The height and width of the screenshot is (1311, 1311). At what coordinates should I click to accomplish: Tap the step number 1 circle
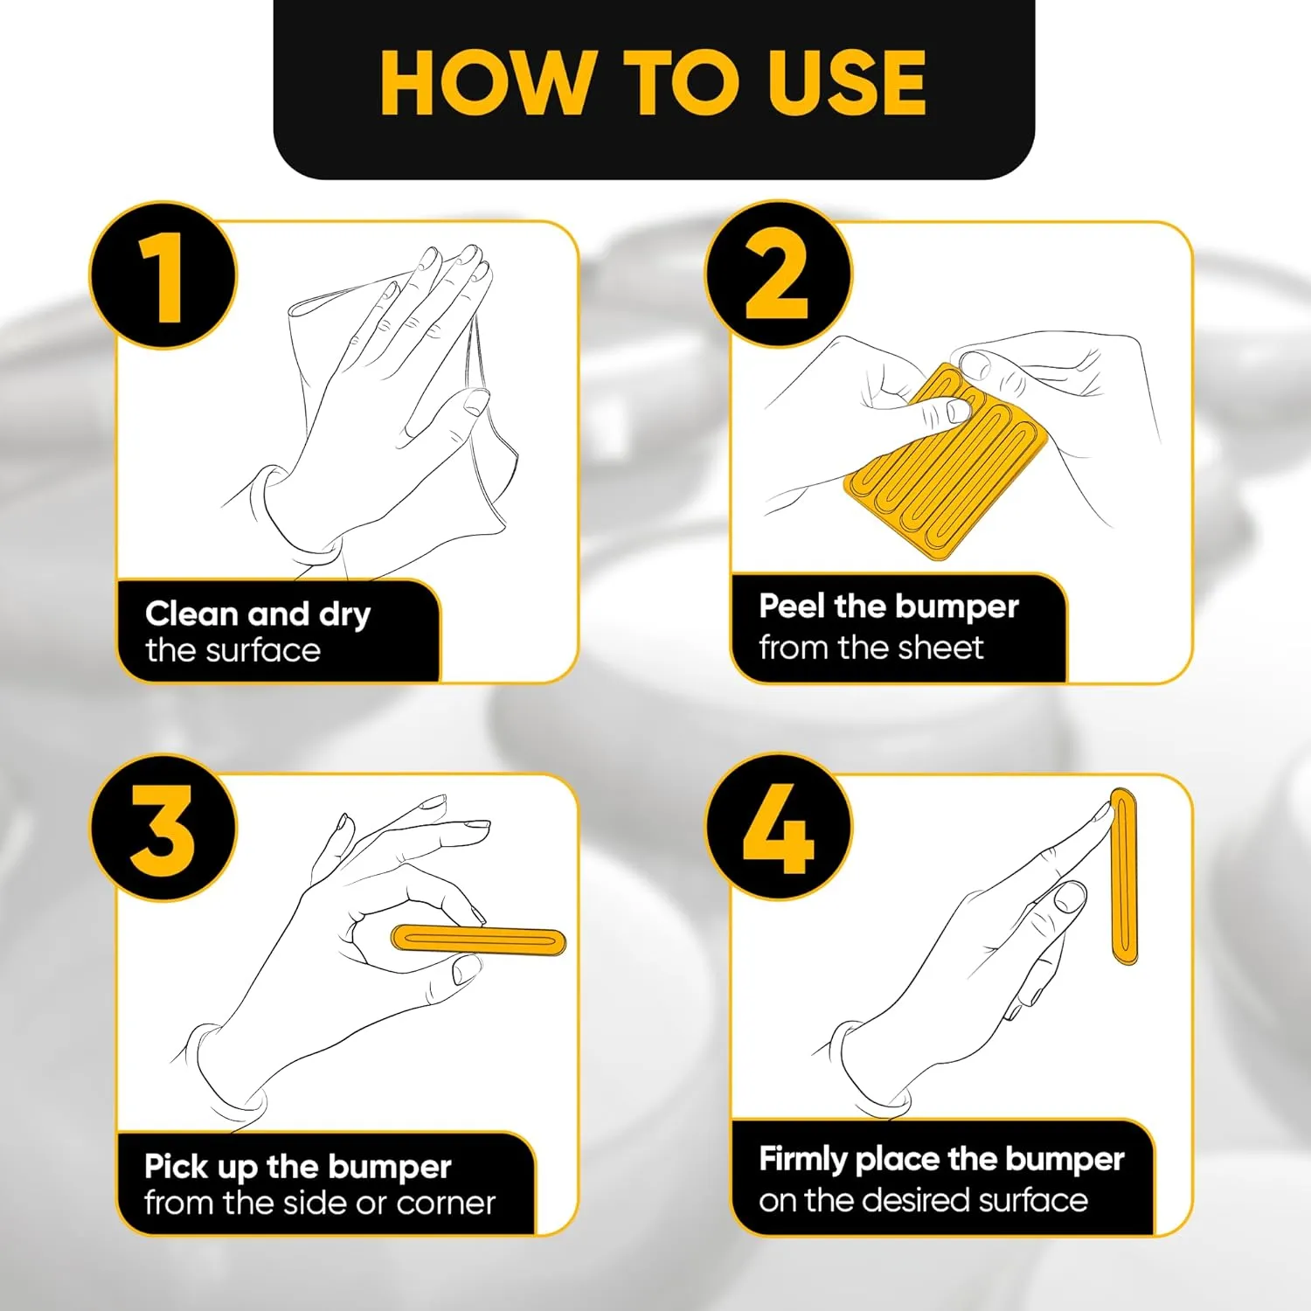point(163,276)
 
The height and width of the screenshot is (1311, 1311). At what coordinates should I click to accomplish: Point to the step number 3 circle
point(163,828)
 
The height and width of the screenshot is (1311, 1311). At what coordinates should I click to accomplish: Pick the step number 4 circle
point(779,828)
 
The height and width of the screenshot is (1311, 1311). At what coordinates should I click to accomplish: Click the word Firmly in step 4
point(803,1160)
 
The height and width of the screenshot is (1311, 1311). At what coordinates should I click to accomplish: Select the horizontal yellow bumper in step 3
point(478,940)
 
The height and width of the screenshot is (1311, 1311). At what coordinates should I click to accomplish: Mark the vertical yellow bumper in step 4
point(1123,877)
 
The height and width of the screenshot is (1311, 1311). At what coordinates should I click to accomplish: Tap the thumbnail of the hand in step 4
point(1070,897)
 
